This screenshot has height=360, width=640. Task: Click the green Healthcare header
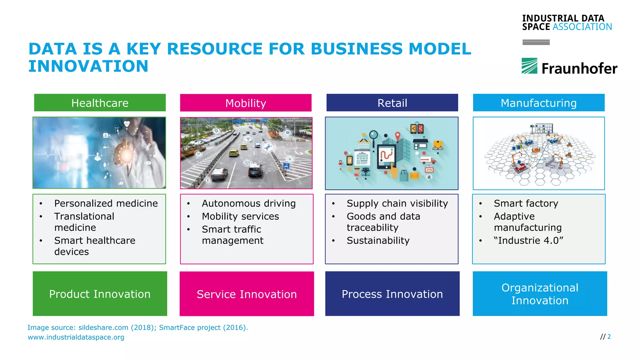pos(100,103)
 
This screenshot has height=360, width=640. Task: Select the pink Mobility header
pos(246,103)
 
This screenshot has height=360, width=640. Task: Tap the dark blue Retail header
pos(392,103)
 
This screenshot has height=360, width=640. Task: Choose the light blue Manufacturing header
pos(538,103)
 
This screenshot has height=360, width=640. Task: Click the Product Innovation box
pos(100,294)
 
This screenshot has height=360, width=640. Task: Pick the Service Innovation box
pos(247,294)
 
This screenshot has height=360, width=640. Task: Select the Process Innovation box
pos(392,294)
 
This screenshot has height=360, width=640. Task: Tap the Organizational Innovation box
pos(540,294)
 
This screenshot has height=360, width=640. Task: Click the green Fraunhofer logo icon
pos(529,66)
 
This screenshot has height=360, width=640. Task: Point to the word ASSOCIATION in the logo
pos(582,27)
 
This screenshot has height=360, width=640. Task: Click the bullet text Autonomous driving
pos(248,203)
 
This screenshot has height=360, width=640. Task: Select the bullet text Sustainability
pos(378,240)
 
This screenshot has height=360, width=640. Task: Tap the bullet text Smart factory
pos(526,203)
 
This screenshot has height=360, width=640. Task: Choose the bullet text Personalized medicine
pos(106,203)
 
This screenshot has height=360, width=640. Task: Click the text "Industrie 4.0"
pos(528,240)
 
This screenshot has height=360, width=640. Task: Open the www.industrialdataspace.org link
pos(76,337)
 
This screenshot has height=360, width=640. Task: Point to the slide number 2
pos(609,337)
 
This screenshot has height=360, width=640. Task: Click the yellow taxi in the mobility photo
pos(234,153)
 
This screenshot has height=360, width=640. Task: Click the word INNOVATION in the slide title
pos(88,66)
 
